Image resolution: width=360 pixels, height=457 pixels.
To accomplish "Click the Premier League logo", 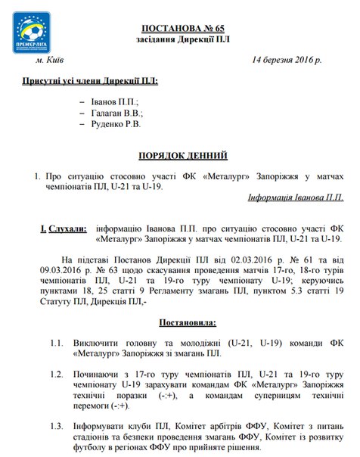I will click(32, 33).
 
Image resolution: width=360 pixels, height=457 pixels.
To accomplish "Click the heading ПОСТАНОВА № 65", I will click(179, 23).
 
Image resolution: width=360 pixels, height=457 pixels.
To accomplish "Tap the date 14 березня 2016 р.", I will click(287, 59).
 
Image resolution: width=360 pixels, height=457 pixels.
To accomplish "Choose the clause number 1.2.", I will click(57, 374).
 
